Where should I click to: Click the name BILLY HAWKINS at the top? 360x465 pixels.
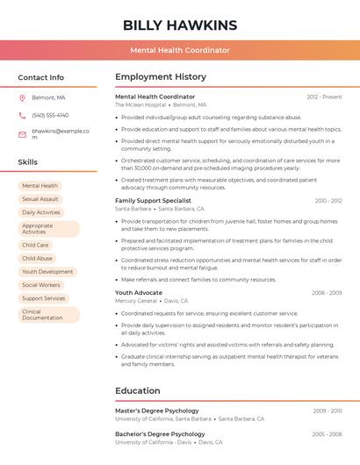click(x=180, y=25)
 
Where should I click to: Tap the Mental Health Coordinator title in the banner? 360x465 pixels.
click(x=180, y=50)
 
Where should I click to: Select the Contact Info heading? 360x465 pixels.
click(x=41, y=77)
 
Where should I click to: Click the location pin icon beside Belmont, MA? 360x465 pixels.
click(x=22, y=97)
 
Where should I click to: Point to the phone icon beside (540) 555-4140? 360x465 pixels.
click(x=22, y=115)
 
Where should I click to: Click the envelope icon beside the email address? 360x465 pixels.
click(x=22, y=134)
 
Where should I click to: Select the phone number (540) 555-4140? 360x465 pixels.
click(x=50, y=115)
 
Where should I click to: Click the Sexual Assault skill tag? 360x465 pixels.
click(x=40, y=199)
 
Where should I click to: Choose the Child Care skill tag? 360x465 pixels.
click(x=35, y=245)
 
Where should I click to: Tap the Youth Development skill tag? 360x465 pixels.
click(x=47, y=272)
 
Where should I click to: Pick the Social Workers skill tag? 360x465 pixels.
click(x=41, y=285)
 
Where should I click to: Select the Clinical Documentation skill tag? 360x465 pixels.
click(x=43, y=314)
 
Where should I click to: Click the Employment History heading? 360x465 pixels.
click(x=161, y=77)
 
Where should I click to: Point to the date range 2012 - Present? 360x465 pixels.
click(x=324, y=97)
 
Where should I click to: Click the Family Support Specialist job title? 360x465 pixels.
click(x=153, y=201)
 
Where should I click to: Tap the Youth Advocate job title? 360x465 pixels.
click(x=139, y=292)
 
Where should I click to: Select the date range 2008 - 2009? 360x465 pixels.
click(x=327, y=292)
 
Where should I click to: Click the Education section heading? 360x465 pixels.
click(x=139, y=390)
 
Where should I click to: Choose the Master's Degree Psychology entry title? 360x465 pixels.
click(x=157, y=411)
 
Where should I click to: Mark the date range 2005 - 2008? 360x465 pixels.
click(x=327, y=433)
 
